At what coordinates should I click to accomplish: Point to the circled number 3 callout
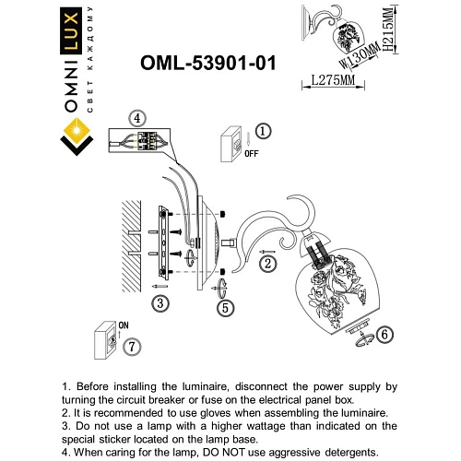click(160, 302)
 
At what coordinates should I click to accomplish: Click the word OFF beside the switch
click(251, 156)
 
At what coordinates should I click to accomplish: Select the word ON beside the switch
click(124, 323)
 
